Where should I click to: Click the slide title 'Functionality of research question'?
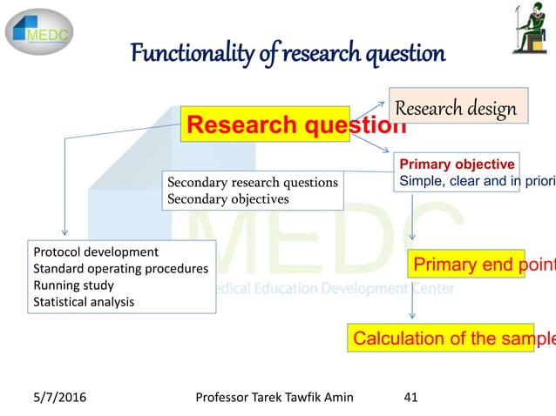pos(288,54)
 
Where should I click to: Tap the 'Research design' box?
pos(458,109)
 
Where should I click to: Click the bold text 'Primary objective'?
pos(458,164)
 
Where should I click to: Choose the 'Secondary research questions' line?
pos(253,183)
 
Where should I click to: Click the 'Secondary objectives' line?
pos(227,198)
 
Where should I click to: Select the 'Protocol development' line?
pos(96,252)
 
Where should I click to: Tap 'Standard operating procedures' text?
pos(120,269)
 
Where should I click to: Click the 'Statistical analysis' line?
pos(85,302)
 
